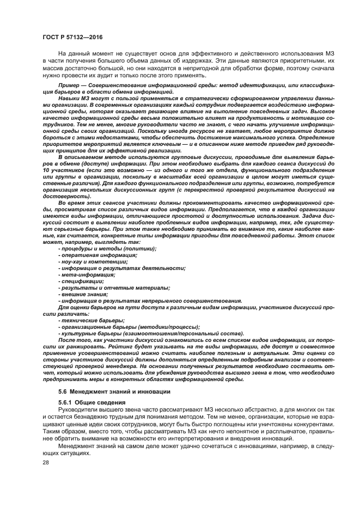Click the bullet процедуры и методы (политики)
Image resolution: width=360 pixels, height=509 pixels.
point(107,248)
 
